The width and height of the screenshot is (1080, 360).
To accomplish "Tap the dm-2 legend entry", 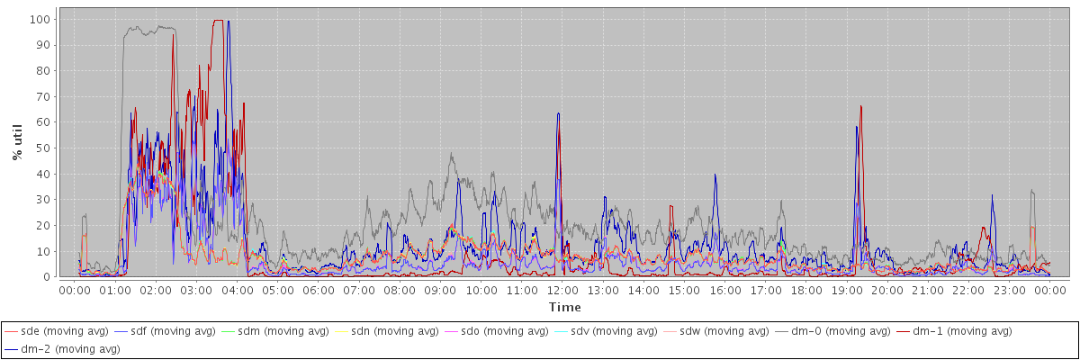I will click(x=61, y=349).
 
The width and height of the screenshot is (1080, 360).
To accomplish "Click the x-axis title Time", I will click(x=564, y=307).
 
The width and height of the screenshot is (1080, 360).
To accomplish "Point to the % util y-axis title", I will click(x=17, y=142).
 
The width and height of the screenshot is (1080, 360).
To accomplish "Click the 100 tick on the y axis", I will click(x=40, y=19).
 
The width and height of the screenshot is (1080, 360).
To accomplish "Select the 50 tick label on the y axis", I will click(x=43, y=148).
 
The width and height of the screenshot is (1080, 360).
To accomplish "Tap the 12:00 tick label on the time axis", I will click(x=562, y=291).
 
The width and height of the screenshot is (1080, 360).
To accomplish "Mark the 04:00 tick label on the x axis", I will click(x=238, y=291).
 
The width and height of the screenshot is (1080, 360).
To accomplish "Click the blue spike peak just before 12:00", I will click(x=558, y=113).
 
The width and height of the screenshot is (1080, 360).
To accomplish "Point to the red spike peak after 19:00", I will click(x=860, y=106).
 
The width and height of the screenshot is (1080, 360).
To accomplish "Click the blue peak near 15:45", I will click(x=715, y=175).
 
